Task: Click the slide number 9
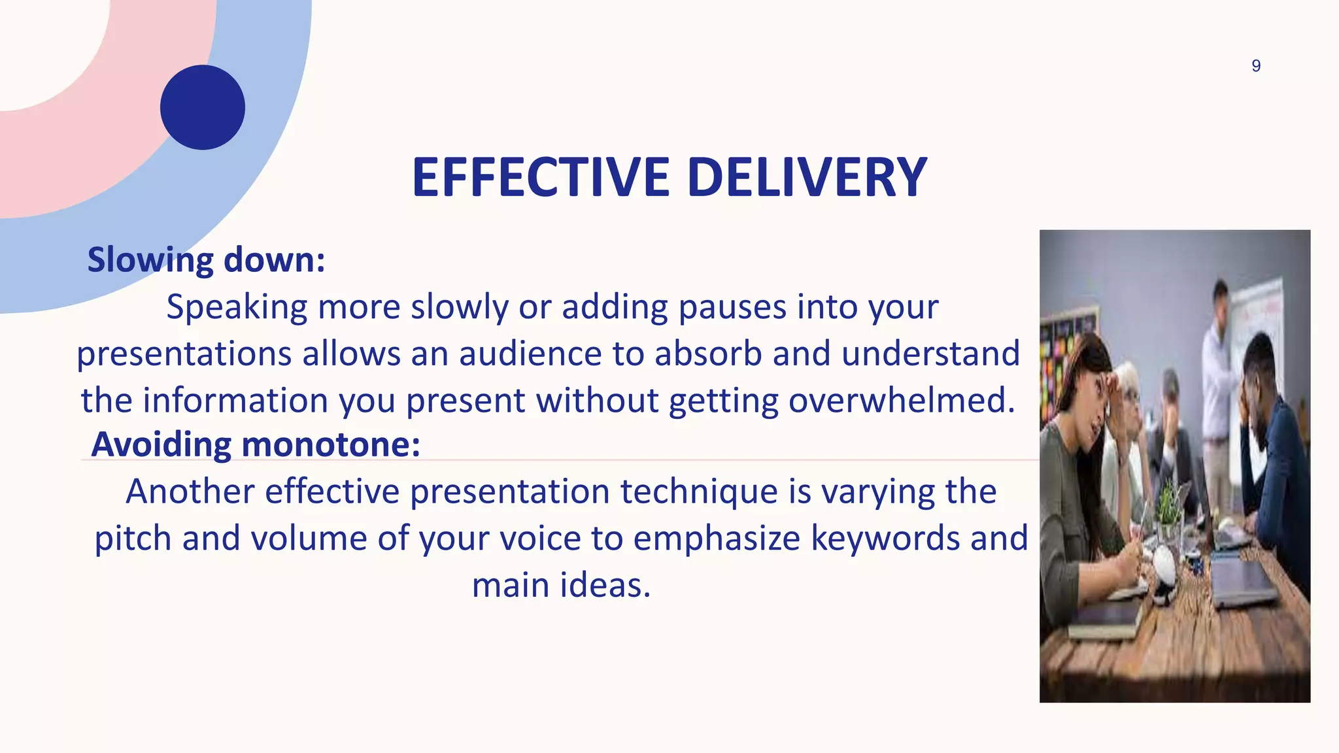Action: pos(1255,66)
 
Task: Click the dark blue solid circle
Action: pos(203,107)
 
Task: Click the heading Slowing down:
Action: pos(207,259)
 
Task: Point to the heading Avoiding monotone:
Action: pos(256,444)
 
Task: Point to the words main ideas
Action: pos(561,585)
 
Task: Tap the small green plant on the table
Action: pos(1168,508)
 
